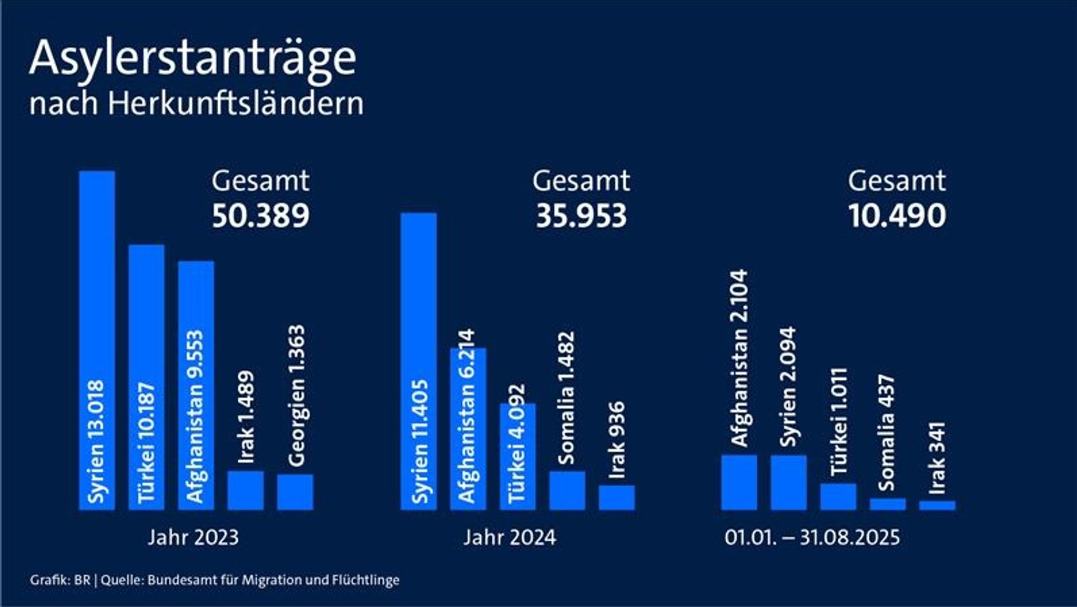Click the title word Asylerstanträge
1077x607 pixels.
click(192, 59)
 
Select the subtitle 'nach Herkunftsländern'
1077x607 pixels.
click(196, 104)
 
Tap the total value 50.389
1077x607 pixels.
click(260, 216)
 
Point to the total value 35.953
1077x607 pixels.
click(581, 216)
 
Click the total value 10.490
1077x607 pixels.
click(897, 216)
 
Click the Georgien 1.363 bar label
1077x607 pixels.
click(297, 396)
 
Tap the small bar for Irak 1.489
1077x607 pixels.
click(246, 490)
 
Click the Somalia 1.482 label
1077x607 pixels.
click(566, 398)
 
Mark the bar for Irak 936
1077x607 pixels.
click(617, 498)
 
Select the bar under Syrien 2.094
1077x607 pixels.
click(789, 482)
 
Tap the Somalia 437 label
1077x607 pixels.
click(886, 432)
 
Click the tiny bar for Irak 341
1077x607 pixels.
click(937, 505)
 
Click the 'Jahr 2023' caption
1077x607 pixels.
click(193, 538)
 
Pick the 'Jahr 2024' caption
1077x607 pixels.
click(510, 538)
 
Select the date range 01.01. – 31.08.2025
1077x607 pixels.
click(812, 538)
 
